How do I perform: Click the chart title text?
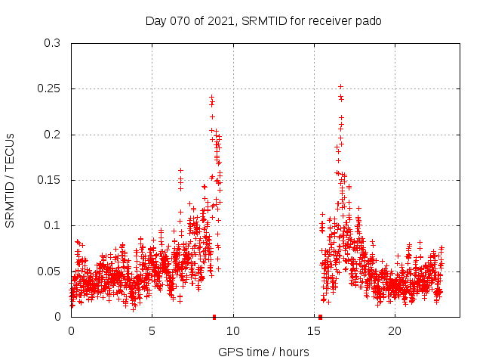click(263, 20)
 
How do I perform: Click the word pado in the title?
click(368, 20)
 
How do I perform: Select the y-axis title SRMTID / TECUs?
click(10, 180)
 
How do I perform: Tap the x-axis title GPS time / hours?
click(263, 352)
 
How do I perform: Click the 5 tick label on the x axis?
click(152, 330)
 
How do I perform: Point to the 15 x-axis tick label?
click(314, 330)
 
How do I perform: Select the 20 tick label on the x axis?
click(395, 330)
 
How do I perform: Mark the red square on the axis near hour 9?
click(214, 317)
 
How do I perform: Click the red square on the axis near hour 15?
click(321, 317)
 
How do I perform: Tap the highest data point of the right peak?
click(340, 86)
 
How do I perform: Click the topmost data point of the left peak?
click(211, 97)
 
